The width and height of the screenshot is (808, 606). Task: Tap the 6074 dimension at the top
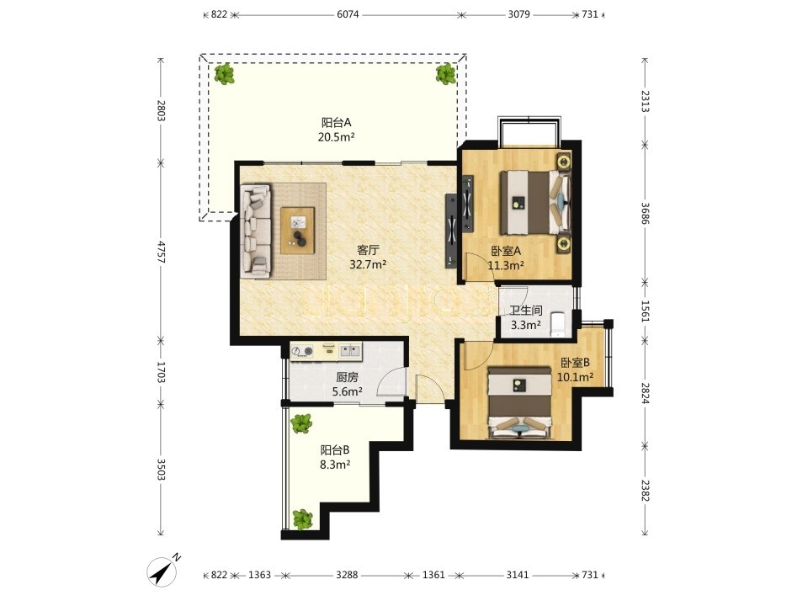(348, 14)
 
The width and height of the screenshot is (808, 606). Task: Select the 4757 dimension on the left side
(162, 252)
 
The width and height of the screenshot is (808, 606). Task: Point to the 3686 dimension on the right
(646, 213)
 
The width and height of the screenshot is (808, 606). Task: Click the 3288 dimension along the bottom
(347, 575)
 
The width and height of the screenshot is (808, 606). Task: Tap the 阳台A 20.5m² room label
(337, 130)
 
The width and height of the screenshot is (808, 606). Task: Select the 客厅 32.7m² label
(368, 258)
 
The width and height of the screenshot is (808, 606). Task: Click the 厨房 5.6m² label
(348, 385)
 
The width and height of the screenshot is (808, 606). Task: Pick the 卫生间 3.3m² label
(525, 317)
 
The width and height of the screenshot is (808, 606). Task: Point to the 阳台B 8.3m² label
(335, 457)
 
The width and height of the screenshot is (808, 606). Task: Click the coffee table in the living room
(297, 231)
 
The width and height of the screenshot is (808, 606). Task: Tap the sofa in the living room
(256, 231)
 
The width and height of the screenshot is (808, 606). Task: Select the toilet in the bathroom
(558, 323)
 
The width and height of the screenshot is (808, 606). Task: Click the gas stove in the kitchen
(302, 352)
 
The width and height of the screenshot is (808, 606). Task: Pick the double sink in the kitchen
(350, 352)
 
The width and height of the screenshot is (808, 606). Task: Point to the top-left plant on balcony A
(224, 74)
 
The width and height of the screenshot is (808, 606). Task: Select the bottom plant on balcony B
(302, 520)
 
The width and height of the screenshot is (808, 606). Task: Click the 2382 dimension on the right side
(646, 490)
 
